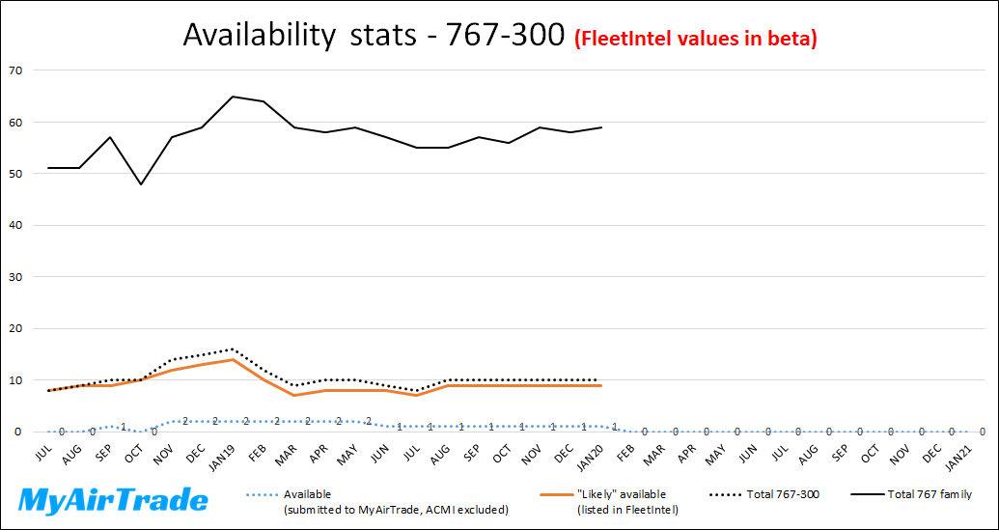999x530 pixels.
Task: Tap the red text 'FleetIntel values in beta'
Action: coord(696,39)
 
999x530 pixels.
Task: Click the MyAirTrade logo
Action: coord(114,500)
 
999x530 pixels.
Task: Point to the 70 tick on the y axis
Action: coord(15,70)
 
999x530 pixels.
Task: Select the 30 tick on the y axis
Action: coord(15,277)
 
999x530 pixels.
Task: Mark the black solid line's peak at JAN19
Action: coord(233,97)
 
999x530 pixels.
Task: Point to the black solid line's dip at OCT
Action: coord(141,183)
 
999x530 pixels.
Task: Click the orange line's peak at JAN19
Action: coord(233,359)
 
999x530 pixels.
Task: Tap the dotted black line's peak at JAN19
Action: coord(233,349)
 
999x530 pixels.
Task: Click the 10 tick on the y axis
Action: coord(15,380)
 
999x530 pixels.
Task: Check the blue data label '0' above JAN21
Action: coord(982,432)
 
